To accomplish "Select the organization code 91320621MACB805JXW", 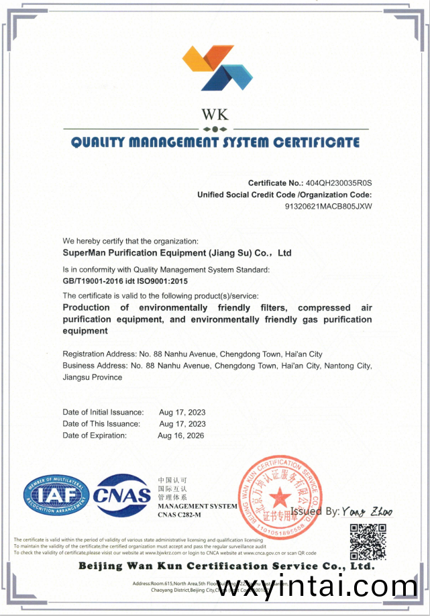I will tap(329, 206).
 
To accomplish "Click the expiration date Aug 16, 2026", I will tap(181, 435).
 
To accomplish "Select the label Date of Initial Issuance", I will tap(103, 412).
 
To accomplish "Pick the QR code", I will tap(368, 541).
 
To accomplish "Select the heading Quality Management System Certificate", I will tap(215, 142).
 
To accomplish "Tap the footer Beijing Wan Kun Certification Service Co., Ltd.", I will tap(226, 566).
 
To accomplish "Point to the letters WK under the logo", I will tap(215, 113).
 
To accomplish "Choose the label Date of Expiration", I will tap(95, 435).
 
